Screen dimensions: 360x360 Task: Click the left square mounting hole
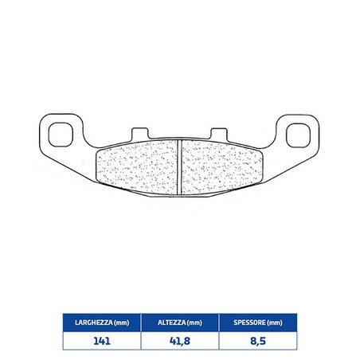pyautogui.click(x=61, y=135)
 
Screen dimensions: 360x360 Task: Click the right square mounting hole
pyautogui.click(x=298, y=135)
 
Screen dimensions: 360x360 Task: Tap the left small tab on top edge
pyautogui.click(x=140, y=133)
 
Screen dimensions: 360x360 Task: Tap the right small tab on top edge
pyautogui.click(x=219, y=134)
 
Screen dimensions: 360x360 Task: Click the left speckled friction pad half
pyautogui.click(x=136, y=167)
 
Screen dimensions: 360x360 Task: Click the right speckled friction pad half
pyautogui.click(x=222, y=167)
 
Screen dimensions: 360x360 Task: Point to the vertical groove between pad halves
pyautogui.click(x=179, y=167)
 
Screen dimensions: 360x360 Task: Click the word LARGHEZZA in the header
pyautogui.click(x=94, y=323)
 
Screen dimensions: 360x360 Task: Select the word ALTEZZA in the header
pyautogui.click(x=171, y=323)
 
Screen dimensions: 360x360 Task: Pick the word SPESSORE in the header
pyautogui.click(x=249, y=323)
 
